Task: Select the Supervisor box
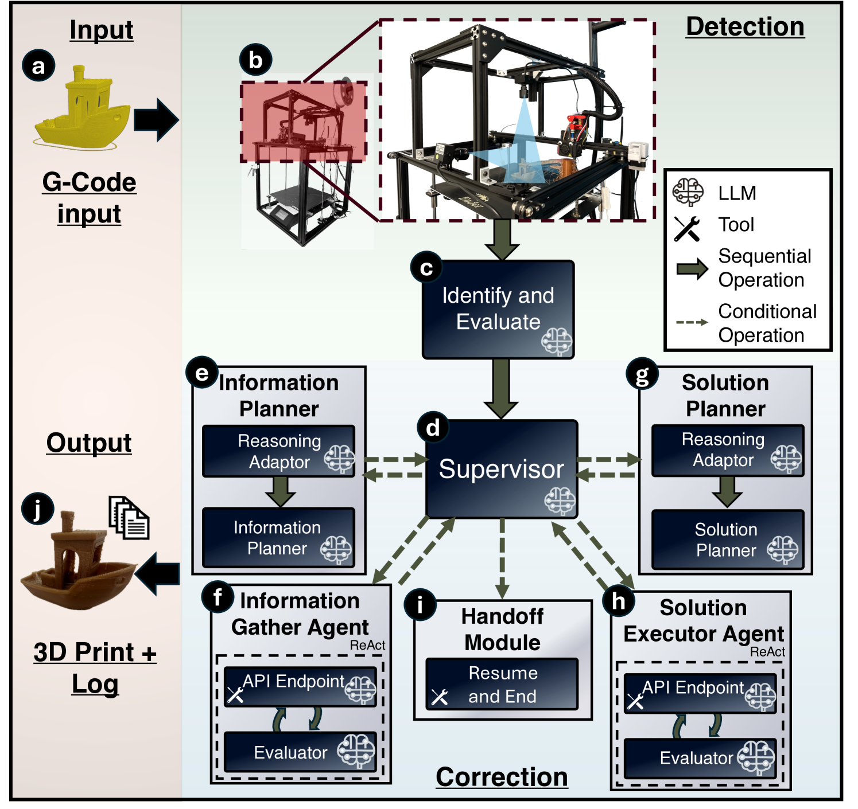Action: click(501, 469)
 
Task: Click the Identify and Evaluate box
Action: click(498, 310)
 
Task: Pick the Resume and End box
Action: click(502, 685)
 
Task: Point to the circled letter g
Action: click(642, 374)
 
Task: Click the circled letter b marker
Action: click(255, 60)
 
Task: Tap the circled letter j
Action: click(38, 509)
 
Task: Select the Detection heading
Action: click(745, 27)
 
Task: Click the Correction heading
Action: click(502, 777)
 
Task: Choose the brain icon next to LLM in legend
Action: click(688, 192)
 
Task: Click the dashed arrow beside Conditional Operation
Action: click(692, 322)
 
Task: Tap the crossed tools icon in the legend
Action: click(687, 228)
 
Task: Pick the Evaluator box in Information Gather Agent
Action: click(300, 752)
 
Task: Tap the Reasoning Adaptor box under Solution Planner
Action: click(727, 451)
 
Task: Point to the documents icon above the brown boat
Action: click(129, 517)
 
